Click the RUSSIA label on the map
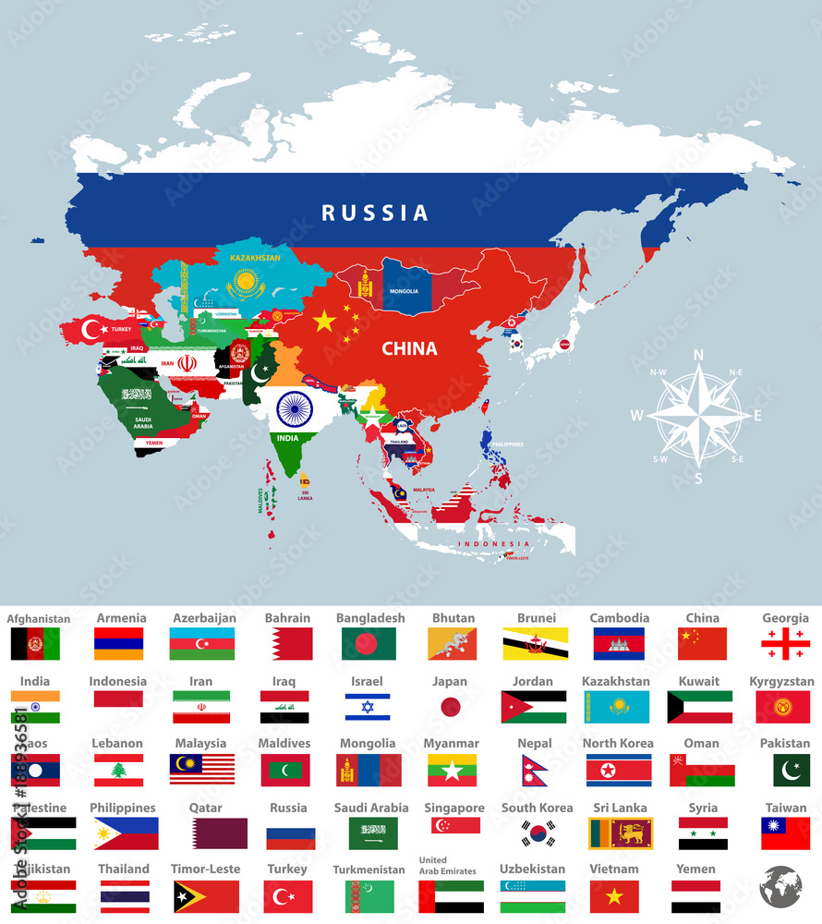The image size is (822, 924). click(375, 213)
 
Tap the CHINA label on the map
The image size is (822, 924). click(409, 349)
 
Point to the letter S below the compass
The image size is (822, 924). click(698, 479)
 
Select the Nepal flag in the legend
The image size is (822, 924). click(534, 770)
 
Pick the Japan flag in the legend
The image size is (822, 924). click(450, 707)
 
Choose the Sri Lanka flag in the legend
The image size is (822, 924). click(620, 833)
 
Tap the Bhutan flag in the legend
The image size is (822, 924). click(453, 644)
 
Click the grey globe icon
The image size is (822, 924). click(780, 886)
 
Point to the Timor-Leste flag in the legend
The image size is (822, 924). click(206, 896)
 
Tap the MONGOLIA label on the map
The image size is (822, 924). click(405, 291)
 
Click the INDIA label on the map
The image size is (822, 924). click(287, 437)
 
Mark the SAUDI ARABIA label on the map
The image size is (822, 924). click(142, 422)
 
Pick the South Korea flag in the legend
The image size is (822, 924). click(538, 833)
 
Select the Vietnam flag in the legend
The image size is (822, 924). click(614, 896)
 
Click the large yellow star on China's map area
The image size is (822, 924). click(324, 321)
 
